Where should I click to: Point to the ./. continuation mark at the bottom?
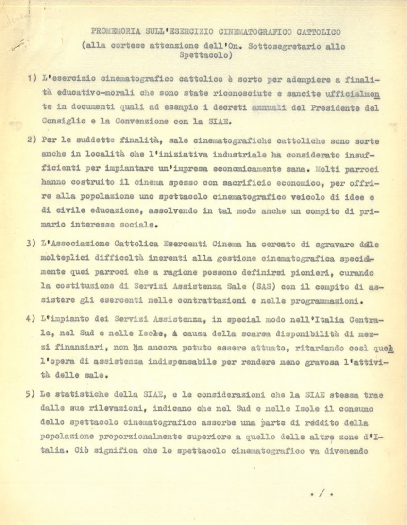point(322,493)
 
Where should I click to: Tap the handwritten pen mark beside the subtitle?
point(18,45)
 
